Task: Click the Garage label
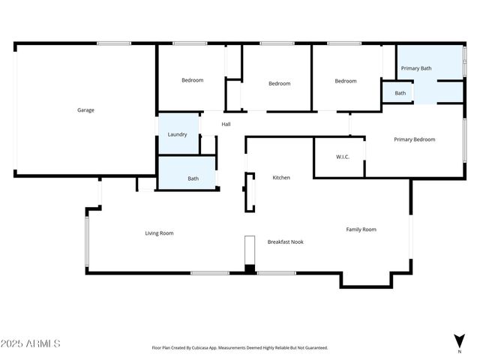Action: (85, 110)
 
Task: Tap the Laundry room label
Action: (177, 134)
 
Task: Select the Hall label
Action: (226, 124)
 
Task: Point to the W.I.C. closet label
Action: (343, 157)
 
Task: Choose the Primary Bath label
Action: (416, 68)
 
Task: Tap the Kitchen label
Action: (281, 178)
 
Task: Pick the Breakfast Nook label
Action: (286, 241)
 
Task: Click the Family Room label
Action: (361, 229)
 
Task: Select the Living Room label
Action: (159, 233)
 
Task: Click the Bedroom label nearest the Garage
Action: (192, 80)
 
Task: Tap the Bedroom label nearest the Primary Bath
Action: (346, 81)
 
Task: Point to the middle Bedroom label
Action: (279, 83)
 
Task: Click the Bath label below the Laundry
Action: (193, 178)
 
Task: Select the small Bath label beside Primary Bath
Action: (400, 94)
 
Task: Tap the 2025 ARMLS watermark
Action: (31, 343)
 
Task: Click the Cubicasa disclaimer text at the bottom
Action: (239, 348)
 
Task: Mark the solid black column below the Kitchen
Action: (250, 268)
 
